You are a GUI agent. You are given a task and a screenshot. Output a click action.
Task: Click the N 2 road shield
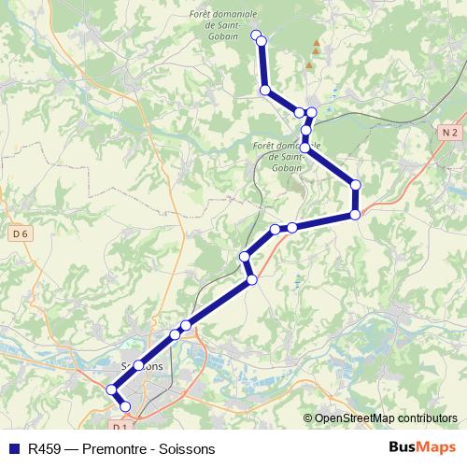click(x=449, y=133)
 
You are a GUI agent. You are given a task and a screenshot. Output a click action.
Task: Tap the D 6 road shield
click(x=20, y=233)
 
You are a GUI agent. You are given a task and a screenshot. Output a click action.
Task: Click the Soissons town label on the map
click(x=142, y=366)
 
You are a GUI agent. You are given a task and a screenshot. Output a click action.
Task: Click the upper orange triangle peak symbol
click(x=317, y=44)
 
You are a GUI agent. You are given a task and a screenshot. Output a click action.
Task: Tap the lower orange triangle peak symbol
click(x=309, y=65)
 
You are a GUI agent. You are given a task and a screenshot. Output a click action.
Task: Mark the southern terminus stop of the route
click(x=125, y=406)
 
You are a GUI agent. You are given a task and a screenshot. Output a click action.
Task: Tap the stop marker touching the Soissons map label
click(x=138, y=365)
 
